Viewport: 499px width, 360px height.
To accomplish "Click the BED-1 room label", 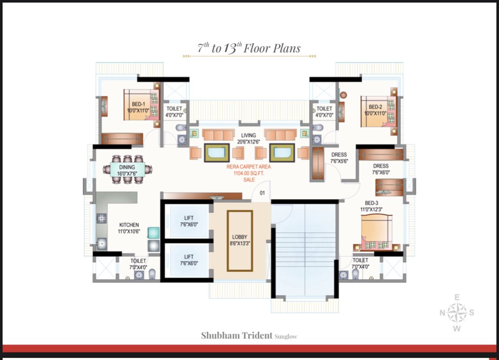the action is (x=138, y=104).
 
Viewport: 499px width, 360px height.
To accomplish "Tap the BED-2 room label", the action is (x=375, y=107).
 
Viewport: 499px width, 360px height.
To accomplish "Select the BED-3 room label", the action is (x=372, y=203).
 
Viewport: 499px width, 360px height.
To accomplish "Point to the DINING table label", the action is (x=127, y=167).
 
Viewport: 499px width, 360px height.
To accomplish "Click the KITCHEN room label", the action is (x=129, y=225).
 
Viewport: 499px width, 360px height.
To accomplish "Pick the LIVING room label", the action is (x=248, y=135).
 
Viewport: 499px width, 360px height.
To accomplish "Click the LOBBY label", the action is (x=239, y=237).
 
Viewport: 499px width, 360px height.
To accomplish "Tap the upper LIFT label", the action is (x=189, y=218).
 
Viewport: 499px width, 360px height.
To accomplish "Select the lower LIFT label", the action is (x=189, y=257).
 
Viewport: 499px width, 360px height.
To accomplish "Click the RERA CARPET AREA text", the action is (x=248, y=167).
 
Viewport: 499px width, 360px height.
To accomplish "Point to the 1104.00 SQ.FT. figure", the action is (x=248, y=173).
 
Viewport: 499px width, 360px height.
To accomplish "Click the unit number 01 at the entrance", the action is (x=262, y=193).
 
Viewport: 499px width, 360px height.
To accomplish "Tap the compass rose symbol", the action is (x=457, y=313).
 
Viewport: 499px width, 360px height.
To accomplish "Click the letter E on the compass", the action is (x=457, y=298).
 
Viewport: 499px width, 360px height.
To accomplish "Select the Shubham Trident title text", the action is (x=237, y=336).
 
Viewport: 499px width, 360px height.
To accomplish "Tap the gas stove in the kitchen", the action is (x=102, y=218).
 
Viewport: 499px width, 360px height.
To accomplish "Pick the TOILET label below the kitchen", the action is (x=138, y=261).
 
